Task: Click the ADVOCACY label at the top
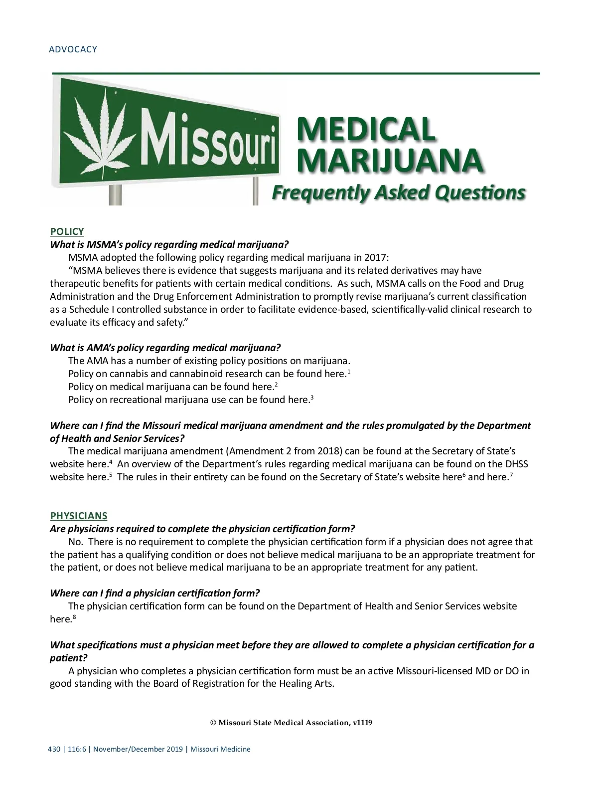tap(73, 49)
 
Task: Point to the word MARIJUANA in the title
tap(390, 161)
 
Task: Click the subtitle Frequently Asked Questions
tap(398, 193)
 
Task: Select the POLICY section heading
tap(67, 231)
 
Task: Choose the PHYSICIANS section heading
tap(79, 516)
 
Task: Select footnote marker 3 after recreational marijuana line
tap(312, 397)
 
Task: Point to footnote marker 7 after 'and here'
tap(511, 475)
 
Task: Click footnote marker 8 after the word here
tap(74, 617)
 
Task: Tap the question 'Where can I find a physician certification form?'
tap(155, 593)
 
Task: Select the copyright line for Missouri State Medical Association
tap(292, 723)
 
